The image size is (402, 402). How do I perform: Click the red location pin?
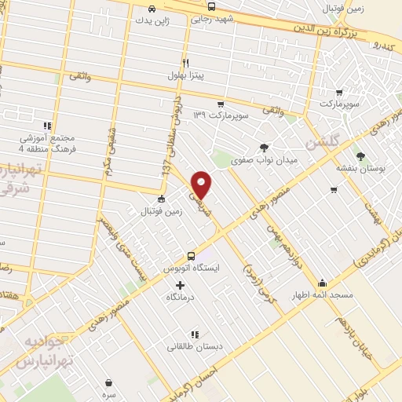coord(202,184)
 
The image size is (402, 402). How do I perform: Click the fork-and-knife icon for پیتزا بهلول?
coord(185,64)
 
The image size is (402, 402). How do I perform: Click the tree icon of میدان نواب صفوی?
coord(264,147)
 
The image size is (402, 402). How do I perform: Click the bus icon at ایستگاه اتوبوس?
coord(191,256)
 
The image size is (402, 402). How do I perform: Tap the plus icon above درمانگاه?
coord(180,285)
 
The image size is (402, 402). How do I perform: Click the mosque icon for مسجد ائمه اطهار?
coord(322,283)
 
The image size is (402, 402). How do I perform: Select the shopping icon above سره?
coord(108,382)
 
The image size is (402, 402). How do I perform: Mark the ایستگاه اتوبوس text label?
coord(191,269)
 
